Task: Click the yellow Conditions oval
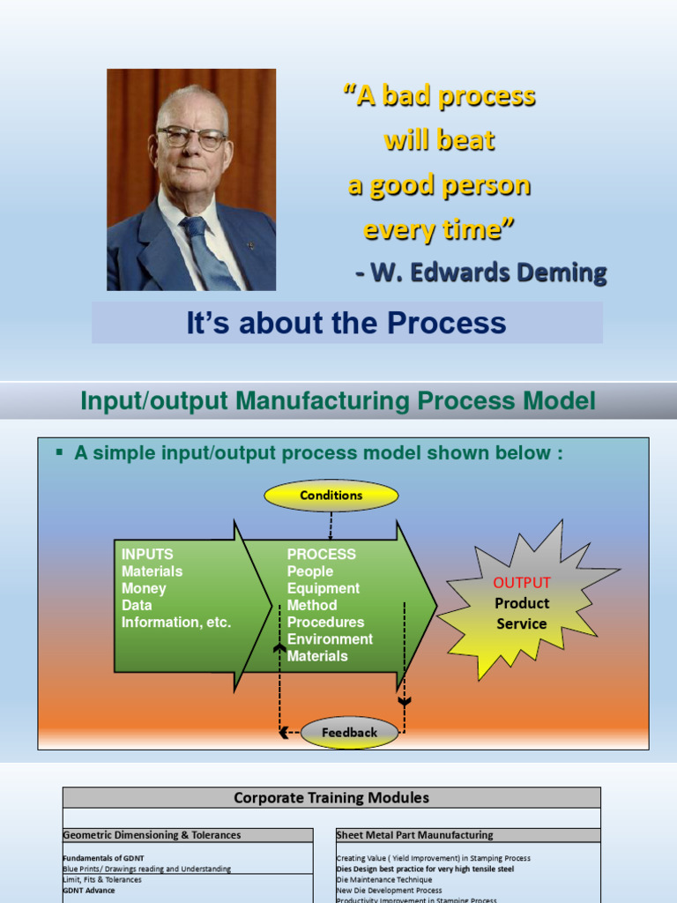coord(331,496)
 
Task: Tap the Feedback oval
coord(349,732)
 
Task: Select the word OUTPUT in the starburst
coord(522,583)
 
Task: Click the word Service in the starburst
coord(522,623)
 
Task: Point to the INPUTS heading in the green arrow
coord(147,555)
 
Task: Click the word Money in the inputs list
coord(144,588)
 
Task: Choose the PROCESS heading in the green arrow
coord(322,555)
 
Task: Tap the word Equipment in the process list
coord(324,588)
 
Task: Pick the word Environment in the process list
coord(330,638)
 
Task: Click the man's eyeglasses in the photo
coord(191,138)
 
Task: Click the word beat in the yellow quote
coord(472,140)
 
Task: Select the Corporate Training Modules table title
coord(331,798)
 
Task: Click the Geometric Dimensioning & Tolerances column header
coord(152,835)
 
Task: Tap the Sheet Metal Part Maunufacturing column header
coord(414,835)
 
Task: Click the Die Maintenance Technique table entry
coord(384,879)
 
